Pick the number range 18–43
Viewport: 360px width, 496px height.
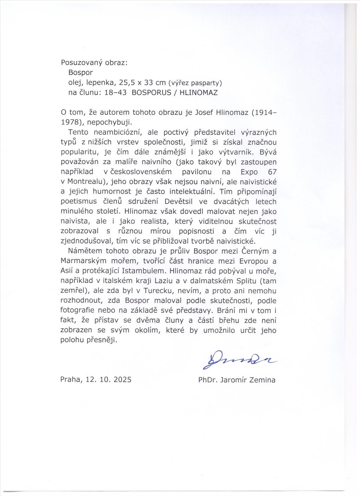(116, 93)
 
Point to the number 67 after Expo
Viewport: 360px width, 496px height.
(272, 172)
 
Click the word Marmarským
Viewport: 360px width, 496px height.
(83, 261)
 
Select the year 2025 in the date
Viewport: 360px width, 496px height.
(123, 379)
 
